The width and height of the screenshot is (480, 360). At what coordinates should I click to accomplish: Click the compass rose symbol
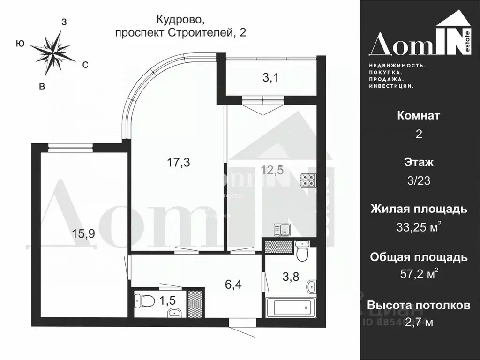click(x=52, y=53)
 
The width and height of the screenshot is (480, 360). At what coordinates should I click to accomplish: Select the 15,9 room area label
click(x=84, y=233)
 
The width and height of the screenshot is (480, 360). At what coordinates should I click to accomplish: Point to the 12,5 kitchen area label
click(x=272, y=170)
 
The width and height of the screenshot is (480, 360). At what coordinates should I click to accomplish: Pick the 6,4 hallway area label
click(x=233, y=284)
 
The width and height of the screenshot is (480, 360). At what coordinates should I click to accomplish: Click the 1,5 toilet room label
click(x=169, y=299)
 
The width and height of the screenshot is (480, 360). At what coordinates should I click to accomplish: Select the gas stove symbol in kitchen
click(x=310, y=181)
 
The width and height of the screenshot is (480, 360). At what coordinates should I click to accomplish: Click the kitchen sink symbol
click(x=283, y=230)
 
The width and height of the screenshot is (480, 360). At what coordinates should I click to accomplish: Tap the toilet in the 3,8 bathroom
click(x=302, y=250)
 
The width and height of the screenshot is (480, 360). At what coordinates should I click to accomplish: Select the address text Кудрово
click(x=180, y=20)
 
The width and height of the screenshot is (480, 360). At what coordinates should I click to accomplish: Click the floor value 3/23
click(x=419, y=181)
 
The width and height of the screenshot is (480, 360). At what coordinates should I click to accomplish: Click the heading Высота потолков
click(x=419, y=306)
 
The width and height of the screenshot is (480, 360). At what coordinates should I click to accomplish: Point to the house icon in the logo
click(x=454, y=21)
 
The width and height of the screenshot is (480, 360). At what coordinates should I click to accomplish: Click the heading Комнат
click(x=419, y=115)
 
